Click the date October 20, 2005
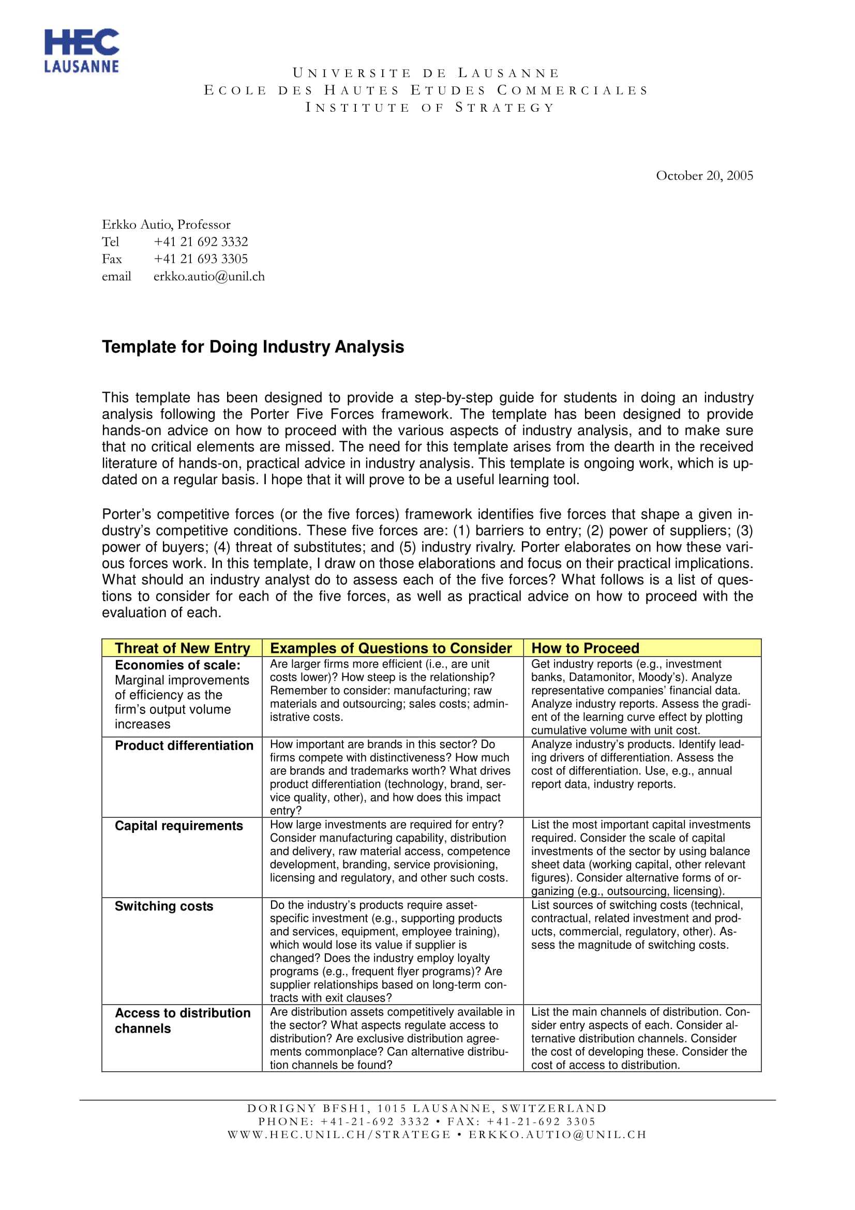click(x=704, y=175)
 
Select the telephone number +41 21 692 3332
click(x=200, y=242)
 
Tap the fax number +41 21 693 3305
click(x=200, y=259)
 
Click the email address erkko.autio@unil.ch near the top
click(x=208, y=276)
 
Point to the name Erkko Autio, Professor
click(x=166, y=225)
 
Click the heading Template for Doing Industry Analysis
click(x=253, y=347)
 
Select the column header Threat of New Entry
click(x=182, y=648)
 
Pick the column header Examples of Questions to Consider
click(x=391, y=648)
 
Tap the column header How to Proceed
click(x=585, y=648)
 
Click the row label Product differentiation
click(x=184, y=745)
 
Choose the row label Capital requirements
click(x=178, y=825)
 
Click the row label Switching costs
click(x=164, y=906)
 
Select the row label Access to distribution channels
click(x=182, y=1020)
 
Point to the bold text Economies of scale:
click(x=177, y=665)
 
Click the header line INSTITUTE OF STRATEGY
click(x=430, y=108)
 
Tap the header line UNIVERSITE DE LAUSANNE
click(x=426, y=73)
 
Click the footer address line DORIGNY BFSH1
click(x=427, y=1108)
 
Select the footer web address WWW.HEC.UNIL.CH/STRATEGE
click(x=339, y=1134)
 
